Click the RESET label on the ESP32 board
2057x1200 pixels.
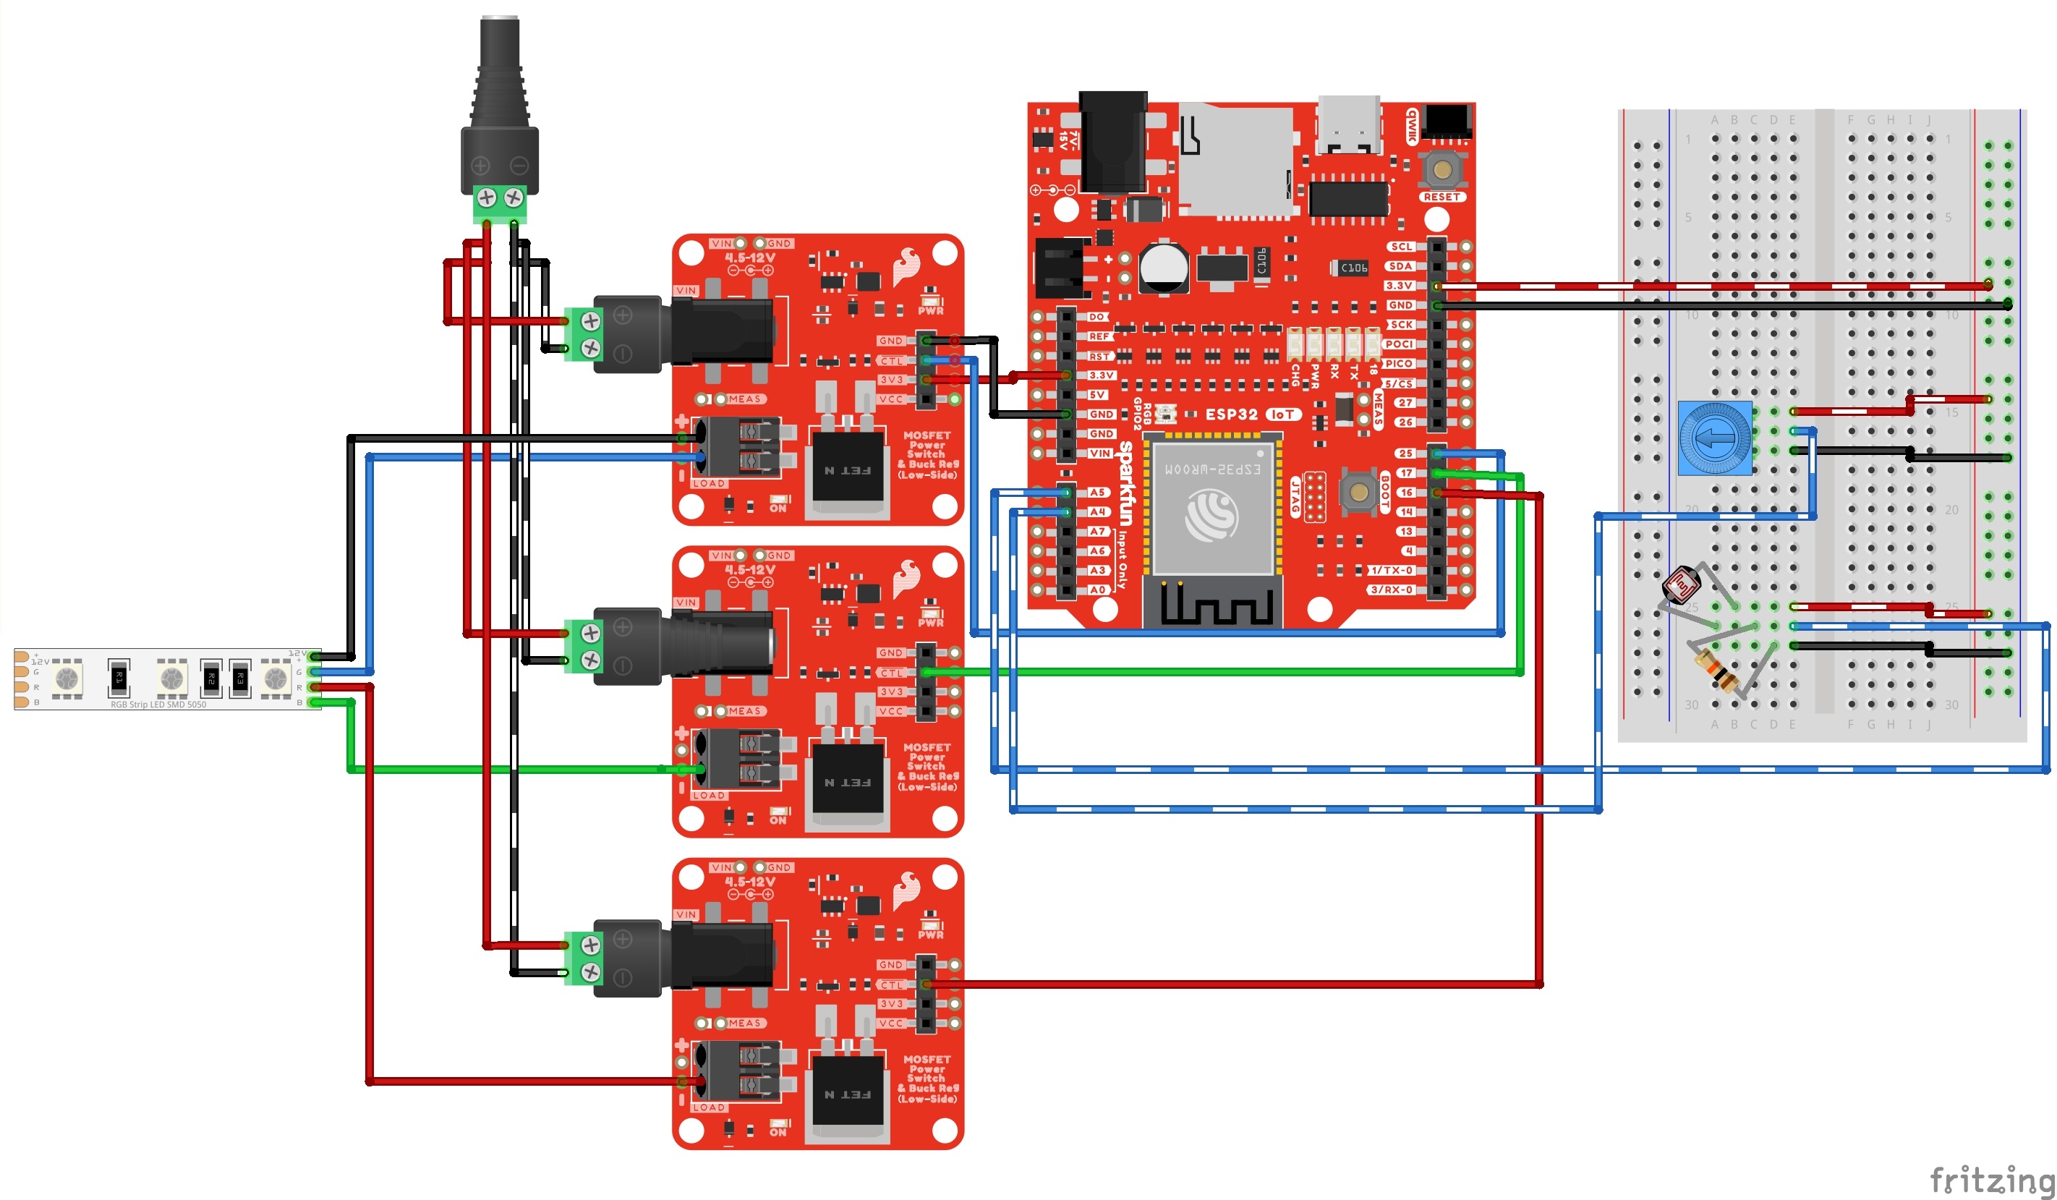pos(1441,197)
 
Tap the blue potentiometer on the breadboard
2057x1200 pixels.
pos(1714,438)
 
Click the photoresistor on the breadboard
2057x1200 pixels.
pos(1681,584)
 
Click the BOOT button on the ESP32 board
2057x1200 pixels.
pos(1359,491)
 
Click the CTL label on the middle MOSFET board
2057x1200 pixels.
pos(891,673)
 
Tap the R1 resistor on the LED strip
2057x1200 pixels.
pos(119,677)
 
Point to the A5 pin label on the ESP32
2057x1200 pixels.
pos(1098,493)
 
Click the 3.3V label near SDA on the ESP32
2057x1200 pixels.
pos(1399,286)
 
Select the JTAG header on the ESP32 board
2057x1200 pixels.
pos(1313,496)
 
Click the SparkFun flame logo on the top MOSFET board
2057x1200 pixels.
pos(907,266)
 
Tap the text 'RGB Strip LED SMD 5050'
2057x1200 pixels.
pos(158,705)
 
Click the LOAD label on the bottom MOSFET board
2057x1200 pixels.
pos(709,1107)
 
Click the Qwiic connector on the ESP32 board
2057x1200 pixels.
pos(1447,123)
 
